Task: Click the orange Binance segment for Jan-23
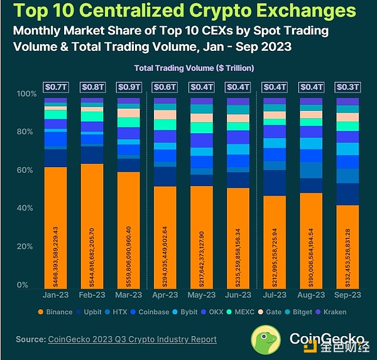tap(55, 226)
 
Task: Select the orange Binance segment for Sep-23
tap(347, 245)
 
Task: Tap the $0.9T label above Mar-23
tap(128, 87)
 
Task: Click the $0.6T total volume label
tap(165, 87)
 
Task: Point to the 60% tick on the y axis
tap(26, 170)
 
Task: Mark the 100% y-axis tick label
tap(24, 94)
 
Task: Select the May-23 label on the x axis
tap(201, 293)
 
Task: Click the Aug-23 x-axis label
tap(311, 293)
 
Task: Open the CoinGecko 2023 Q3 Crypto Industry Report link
tap(132, 339)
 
